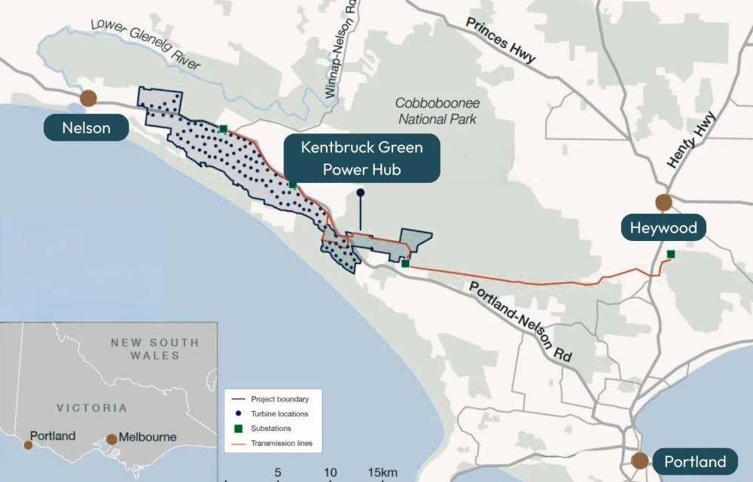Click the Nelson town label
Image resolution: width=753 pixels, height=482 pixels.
[86, 127]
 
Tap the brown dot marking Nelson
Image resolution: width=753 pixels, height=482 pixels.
[89, 98]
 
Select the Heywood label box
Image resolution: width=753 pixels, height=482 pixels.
[663, 227]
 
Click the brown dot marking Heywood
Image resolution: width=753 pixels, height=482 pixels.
[663, 202]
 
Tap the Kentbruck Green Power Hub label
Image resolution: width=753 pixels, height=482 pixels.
[361, 157]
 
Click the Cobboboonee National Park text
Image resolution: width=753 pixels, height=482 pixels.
[438, 111]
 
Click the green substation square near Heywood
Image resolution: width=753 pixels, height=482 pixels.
[671, 254]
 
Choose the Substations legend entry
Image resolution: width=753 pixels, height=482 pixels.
[271, 429]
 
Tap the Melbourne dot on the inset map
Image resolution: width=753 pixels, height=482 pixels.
[112, 439]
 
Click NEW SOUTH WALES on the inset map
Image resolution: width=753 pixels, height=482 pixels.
[155, 349]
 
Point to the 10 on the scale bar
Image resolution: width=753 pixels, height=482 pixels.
[330, 472]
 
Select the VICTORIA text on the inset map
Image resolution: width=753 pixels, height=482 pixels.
[92, 407]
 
